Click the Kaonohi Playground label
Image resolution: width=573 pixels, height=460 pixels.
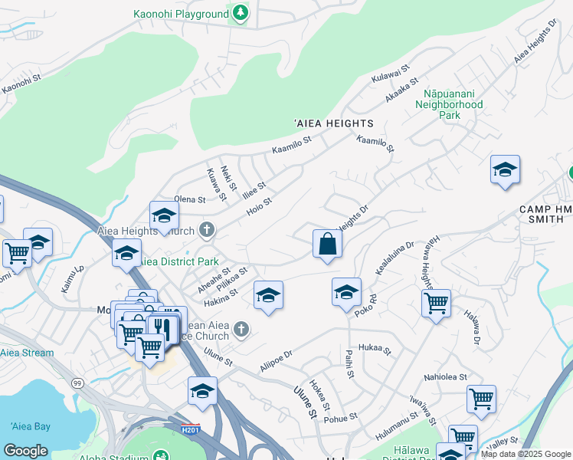[x=181, y=14]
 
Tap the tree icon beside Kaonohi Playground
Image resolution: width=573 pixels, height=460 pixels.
[x=241, y=13]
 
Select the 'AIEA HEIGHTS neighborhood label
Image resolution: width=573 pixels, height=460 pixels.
[x=334, y=123]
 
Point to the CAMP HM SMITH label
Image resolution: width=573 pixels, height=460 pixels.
[x=545, y=215]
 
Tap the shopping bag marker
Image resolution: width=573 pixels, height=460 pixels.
[x=327, y=245]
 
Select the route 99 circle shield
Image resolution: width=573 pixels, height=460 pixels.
[x=77, y=382]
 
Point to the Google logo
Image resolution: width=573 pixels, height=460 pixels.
[x=25, y=450]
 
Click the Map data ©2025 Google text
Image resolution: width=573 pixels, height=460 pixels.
[x=526, y=454]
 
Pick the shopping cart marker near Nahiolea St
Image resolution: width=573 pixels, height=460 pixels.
[x=481, y=398]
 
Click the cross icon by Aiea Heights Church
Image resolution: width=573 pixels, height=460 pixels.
[x=206, y=229]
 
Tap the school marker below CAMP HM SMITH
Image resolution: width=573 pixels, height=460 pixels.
[x=505, y=171]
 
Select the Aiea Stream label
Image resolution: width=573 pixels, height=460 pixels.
[x=27, y=353]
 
